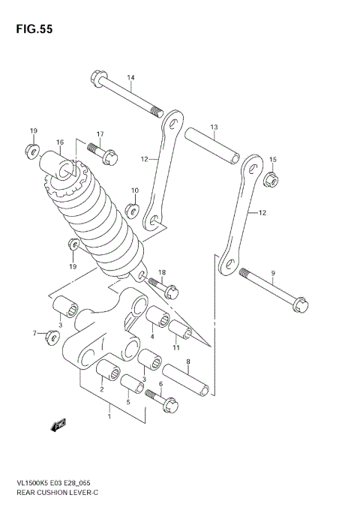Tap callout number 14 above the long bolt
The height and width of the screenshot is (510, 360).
tap(130, 78)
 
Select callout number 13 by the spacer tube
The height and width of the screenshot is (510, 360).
tap(214, 127)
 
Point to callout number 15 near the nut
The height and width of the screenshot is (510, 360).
tap(273, 160)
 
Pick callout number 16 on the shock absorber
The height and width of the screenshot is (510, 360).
tap(59, 141)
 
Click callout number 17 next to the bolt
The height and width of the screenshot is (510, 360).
tap(99, 134)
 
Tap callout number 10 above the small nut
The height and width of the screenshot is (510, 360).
tap(135, 190)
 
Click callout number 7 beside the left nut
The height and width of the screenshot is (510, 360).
tap(34, 333)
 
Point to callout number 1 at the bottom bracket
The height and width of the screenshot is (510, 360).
tap(109, 415)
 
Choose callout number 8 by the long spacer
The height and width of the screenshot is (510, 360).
tap(187, 361)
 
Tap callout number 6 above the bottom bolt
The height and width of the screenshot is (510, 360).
tap(160, 384)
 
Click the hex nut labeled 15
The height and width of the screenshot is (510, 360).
tap(273, 178)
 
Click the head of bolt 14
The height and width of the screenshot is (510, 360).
tap(99, 76)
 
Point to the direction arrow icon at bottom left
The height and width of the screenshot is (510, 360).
tap(58, 425)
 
